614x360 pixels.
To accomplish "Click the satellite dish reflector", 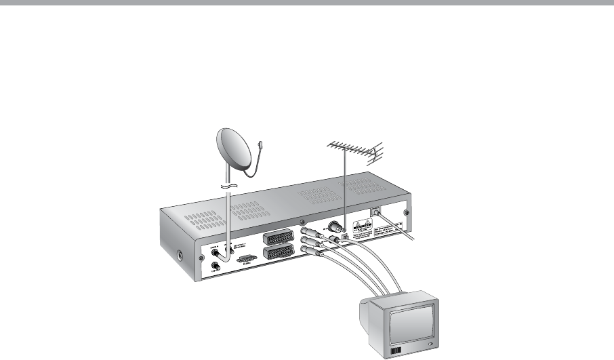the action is click(234, 150).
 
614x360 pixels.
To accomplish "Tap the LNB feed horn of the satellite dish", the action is click(262, 144).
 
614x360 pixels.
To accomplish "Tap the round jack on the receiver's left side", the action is click(180, 258).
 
